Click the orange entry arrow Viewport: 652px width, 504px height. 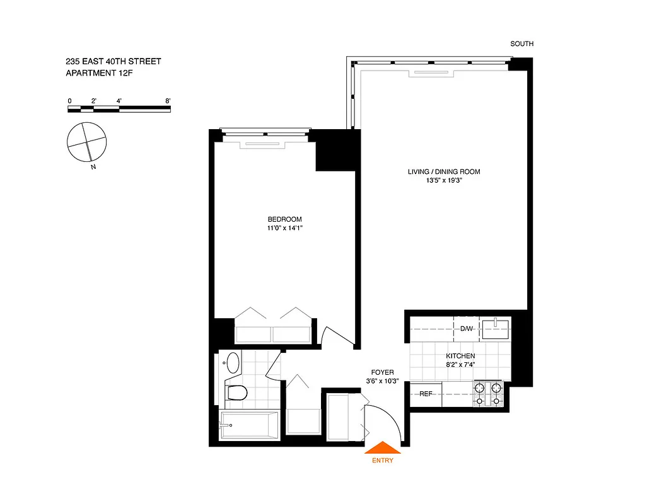(383, 447)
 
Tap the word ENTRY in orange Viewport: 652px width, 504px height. (383, 461)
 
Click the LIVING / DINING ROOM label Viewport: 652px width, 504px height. (440, 171)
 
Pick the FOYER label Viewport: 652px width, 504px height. (383, 372)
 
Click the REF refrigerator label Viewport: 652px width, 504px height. (426, 394)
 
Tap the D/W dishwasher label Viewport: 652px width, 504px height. (466, 329)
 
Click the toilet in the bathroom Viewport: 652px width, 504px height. (236, 392)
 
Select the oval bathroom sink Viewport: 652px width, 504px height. (233, 364)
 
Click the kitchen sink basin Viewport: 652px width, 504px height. (495, 328)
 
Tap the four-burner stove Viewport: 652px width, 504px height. (489, 394)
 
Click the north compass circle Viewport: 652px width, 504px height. (87, 141)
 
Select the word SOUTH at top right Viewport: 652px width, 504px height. (521, 44)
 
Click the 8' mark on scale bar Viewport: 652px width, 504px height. (167, 101)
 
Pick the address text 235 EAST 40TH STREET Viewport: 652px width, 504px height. (114, 62)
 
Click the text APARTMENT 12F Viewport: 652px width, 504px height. (101, 74)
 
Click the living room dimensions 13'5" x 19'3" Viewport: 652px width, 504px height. (440, 180)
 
